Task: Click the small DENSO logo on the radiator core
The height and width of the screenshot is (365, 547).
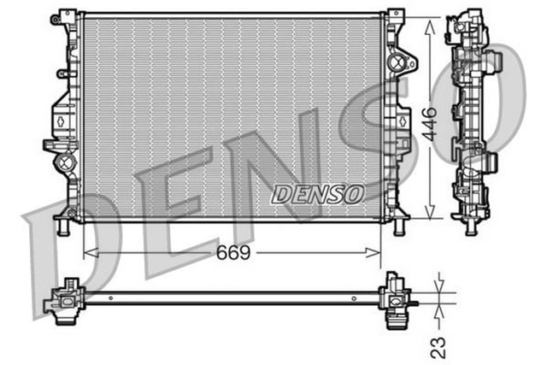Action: click(317, 194)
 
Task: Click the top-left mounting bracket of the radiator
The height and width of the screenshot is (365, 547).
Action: click(61, 18)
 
